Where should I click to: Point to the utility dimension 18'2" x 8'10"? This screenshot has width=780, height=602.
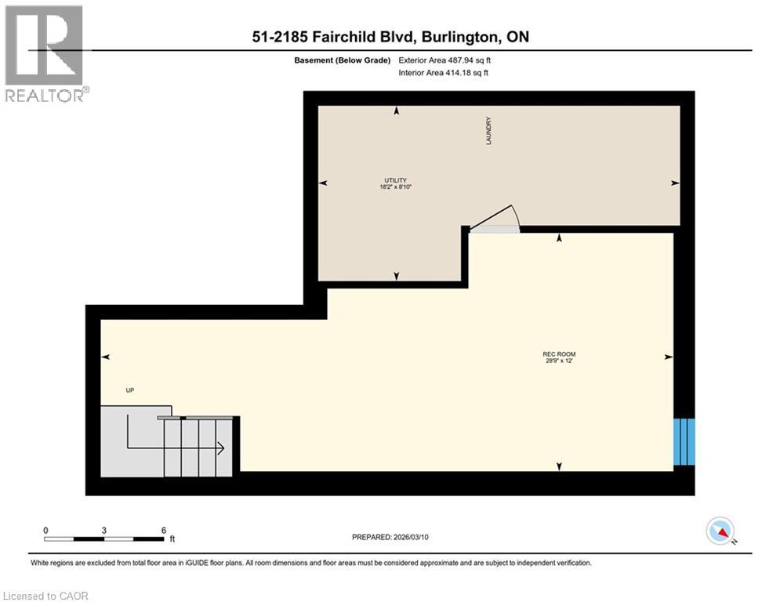(x=394, y=187)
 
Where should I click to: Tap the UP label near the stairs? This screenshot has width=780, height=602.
(x=130, y=390)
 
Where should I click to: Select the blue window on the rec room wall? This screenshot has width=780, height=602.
(x=684, y=442)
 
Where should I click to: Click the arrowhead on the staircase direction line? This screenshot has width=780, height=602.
(x=222, y=449)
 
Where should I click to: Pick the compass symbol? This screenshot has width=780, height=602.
(x=719, y=531)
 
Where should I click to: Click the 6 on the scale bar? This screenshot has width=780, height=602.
(x=162, y=530)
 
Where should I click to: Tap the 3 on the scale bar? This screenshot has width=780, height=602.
(x=104, y=530)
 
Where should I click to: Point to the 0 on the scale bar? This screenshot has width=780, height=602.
(x=46, y=530)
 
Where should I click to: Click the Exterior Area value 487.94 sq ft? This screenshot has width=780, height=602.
(x=461, y=60)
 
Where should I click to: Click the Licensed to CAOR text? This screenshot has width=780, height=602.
(x=47, y=596)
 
